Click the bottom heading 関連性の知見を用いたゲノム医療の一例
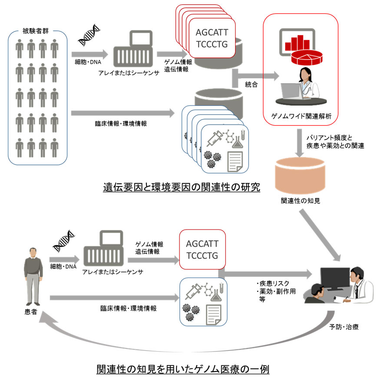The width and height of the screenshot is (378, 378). pos(182,370)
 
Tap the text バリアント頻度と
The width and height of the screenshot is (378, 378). pos(330,136)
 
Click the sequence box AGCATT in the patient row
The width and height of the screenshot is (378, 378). pos(202,249)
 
